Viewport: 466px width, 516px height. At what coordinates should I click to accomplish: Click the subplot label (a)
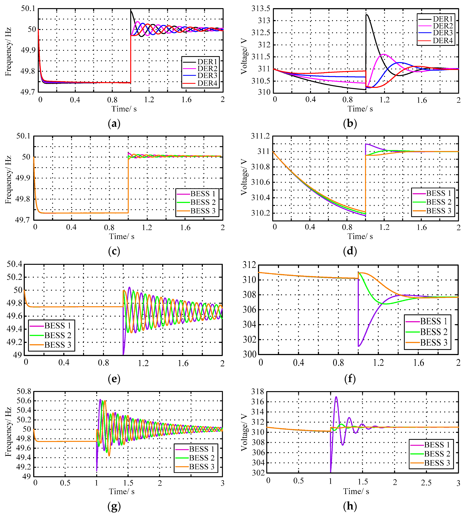114,124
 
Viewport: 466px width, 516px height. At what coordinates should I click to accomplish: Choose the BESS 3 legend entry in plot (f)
434,342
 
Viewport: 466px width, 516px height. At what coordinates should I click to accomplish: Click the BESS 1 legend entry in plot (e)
58,326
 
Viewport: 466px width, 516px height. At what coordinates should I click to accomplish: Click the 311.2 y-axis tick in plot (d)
260,136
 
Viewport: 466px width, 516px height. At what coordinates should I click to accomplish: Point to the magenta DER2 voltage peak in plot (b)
384,54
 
